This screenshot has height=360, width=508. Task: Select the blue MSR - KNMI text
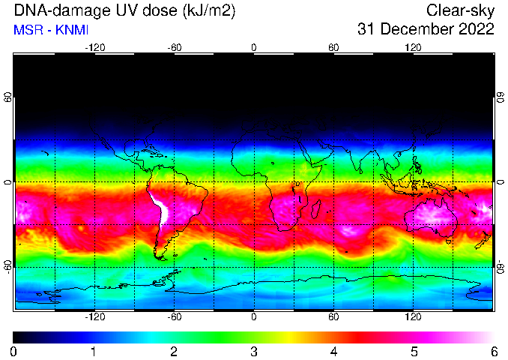coord(51,30)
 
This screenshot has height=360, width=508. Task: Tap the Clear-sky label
coord(460,10)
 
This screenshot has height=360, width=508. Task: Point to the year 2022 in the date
coord(476,28)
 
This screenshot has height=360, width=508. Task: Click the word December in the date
coord(417,28)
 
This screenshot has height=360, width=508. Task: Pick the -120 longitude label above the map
coord(95,48)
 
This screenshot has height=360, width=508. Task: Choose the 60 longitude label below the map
coord(333,316)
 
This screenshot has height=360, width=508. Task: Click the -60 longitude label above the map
coord(175,48)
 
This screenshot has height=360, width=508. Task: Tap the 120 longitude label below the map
coord(413,316)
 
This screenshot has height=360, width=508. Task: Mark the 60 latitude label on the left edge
coord(7,97)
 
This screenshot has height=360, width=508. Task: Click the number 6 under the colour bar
coord(494,352)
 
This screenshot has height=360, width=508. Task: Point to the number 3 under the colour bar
coord(254,352)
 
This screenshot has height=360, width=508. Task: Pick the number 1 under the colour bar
coord(94,352)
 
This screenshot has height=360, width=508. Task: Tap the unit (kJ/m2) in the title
coord(209,11)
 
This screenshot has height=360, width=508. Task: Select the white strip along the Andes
coord(162,209)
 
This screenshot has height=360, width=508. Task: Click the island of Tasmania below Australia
coord(448,241)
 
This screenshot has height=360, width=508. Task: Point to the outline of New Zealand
coord(483,241)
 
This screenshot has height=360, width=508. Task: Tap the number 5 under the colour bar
coord(414,352)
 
